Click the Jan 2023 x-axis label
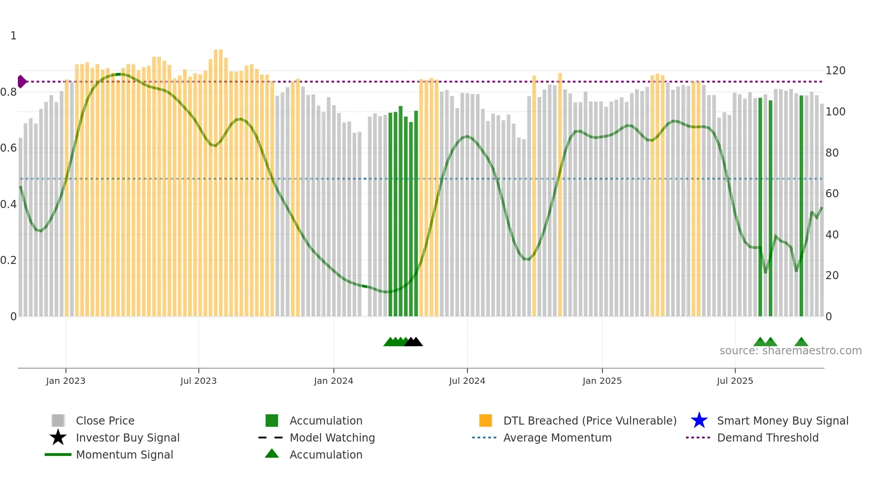coord(65,381)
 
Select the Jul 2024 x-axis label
coord(467,381)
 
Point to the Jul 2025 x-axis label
coord(735,381)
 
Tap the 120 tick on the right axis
coord(835,71)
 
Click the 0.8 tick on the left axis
coord(8,92)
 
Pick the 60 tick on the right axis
coord(832,194)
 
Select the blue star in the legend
coord(699,421)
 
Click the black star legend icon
coord(58,438)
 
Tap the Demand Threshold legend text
coord(767,438)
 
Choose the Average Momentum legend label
coord(557,438)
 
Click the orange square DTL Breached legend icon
coord(485,421)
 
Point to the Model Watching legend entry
coord(332,438)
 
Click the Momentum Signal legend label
coord(124,455)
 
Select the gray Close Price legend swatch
coord(58,421)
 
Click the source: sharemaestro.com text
coord(790,351)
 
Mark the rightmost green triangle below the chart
coord(801,342)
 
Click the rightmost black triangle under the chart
coord(416,342)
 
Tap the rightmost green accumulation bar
coord(801,206)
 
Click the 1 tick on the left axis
coord(13,36)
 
